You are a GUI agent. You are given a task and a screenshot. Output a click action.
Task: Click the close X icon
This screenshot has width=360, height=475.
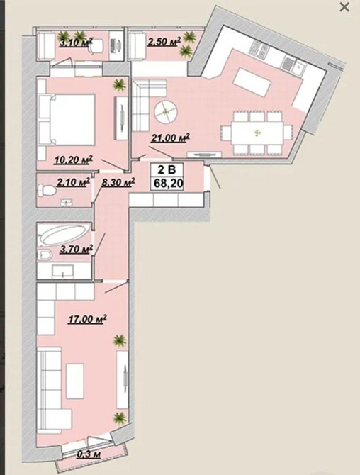344,7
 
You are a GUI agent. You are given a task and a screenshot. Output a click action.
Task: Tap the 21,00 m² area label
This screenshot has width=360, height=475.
171,138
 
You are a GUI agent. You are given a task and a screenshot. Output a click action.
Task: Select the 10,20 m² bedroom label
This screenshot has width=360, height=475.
73,160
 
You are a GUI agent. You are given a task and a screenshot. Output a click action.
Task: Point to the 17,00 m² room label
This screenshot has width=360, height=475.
87,319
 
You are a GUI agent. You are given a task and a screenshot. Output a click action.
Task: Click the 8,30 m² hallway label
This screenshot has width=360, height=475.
118,183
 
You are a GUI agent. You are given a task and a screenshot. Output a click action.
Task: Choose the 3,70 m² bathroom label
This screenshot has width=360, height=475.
76,250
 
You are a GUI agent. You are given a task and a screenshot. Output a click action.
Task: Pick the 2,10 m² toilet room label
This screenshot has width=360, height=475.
74,182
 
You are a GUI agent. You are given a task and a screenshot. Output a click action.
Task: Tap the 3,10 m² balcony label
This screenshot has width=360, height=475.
76,43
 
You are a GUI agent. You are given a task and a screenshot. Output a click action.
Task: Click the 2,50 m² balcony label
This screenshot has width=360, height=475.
164,42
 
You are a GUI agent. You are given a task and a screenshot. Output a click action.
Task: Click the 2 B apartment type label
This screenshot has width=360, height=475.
167,169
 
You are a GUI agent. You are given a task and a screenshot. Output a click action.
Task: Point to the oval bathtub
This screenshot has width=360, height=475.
64,235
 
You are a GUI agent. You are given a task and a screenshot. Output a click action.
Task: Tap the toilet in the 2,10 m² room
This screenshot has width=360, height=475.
46,191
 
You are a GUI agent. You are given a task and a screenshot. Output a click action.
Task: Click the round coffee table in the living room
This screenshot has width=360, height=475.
165,112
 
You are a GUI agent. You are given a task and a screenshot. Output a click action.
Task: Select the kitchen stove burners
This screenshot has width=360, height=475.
258,50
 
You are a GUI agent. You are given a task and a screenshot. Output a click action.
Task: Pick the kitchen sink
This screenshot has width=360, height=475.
298,67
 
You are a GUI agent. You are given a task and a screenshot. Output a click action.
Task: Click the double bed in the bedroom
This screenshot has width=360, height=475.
67,120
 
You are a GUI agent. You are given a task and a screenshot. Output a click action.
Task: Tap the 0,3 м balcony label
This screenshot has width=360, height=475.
89,454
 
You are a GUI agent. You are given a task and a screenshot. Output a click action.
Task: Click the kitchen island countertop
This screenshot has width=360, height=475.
252,82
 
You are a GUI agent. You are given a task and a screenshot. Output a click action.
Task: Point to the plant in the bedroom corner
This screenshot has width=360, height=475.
119,85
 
